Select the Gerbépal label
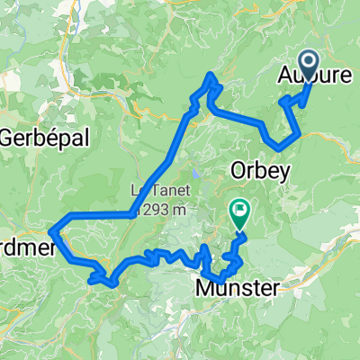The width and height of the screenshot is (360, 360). coord(36,139)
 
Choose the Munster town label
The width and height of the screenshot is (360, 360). coord(238,288)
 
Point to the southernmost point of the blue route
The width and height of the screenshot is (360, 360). coord(110,285)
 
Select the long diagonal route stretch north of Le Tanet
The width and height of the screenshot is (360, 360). coord(162,162)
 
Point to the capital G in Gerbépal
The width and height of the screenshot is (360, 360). coord(9,139)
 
